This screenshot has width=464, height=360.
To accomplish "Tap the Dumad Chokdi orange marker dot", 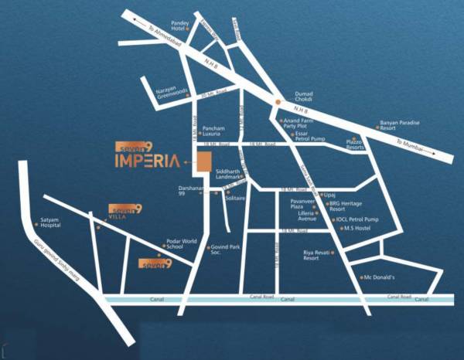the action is tap(278, 100).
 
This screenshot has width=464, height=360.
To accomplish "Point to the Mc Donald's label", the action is tap(379, 277).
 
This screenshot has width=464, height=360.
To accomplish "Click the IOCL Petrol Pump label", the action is tap(357, 219).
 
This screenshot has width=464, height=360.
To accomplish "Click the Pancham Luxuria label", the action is tap(213, 131).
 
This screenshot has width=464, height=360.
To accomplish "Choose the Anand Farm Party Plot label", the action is tap(300, 123).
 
